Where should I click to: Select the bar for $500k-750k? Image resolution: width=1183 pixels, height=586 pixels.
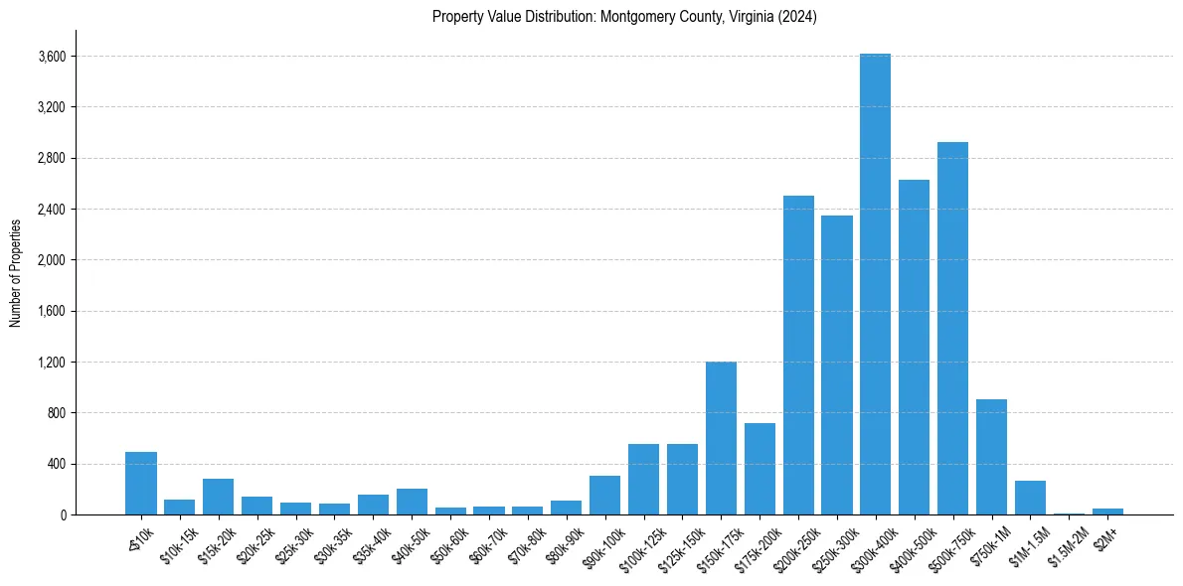click(952, 328)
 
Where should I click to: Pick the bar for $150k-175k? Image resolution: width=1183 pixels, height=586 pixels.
click(721, 438)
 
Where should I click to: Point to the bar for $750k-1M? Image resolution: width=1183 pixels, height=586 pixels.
click(991, 457)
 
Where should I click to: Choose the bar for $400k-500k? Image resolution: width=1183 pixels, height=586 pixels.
click(914, 347)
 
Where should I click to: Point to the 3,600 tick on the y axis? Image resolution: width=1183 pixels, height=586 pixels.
click(51, 57)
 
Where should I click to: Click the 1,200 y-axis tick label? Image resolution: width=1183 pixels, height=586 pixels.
click(51, 363)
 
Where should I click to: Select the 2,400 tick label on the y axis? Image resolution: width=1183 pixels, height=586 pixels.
click(51, 210)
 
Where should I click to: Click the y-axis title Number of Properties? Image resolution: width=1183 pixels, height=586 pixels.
click(15, 272)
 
